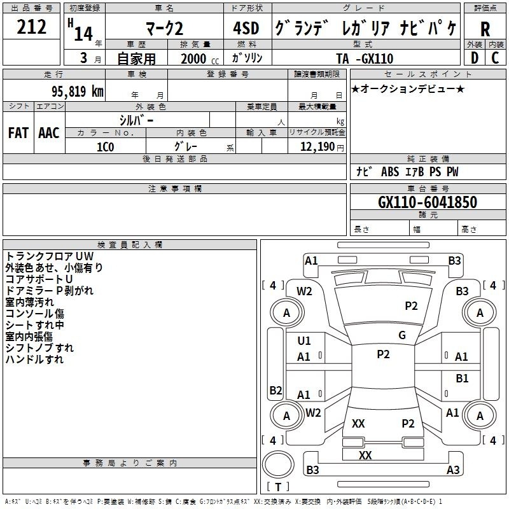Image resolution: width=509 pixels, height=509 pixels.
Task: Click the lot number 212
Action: click(x=31, y=27)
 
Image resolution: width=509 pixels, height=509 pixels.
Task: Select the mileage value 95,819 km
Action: click(x=78, y=91)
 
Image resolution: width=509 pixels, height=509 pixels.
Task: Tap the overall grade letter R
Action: click(x=485, y=29)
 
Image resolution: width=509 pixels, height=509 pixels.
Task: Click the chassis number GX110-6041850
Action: click(x=428, y=202)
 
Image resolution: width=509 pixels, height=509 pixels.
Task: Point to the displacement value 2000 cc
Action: click(x=200, y=59)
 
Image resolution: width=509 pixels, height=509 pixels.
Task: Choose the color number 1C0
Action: click(x=105, y=147)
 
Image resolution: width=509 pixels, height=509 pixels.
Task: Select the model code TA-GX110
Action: click(x=365, y=59)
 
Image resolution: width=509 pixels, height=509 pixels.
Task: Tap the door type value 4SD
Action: click(x=246, y=28)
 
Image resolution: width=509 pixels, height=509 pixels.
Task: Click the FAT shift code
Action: click(x=18, y=133)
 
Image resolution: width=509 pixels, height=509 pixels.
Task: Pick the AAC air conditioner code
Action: click(x=49, y=133)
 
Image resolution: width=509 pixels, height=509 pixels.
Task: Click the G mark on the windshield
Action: click(x=402, y=335)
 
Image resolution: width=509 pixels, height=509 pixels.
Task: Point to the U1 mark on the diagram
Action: click(x=304, y=340)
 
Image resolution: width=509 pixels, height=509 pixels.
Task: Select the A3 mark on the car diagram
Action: click(x=453, y=470)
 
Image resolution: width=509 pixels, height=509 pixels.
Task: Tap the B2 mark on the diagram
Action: click(x=275, y=390)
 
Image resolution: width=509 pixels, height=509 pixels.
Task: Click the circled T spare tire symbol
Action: click(x=278, y=487)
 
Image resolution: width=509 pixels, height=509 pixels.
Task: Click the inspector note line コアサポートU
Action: click(x=39, y=279)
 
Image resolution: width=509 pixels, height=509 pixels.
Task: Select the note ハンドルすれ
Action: click(x=34, y=359)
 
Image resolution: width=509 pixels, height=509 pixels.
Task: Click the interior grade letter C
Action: click(x=495, y=58)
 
